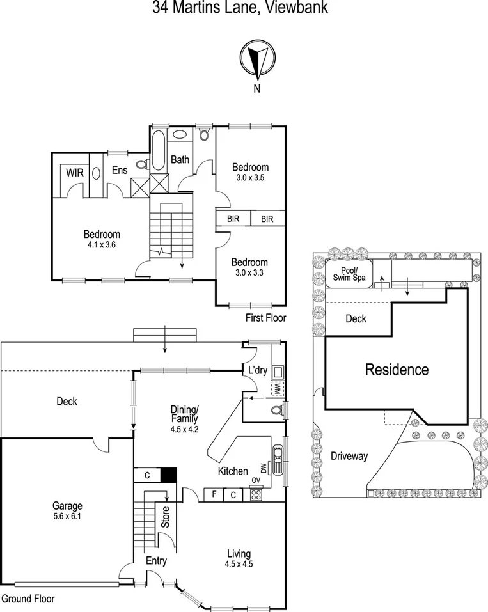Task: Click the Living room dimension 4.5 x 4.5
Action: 239,564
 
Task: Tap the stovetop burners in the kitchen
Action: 256,494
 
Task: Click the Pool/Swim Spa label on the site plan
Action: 349,274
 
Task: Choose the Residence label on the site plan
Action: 397,369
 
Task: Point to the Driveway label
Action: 349,456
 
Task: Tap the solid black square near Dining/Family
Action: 168,475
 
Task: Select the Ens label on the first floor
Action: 120,170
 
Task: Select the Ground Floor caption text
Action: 28,599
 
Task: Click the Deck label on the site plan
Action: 356,318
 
